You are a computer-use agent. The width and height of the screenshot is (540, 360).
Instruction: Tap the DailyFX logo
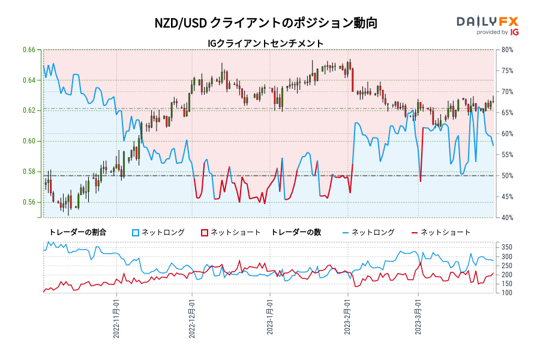pyautogui.click(x=487, y=25)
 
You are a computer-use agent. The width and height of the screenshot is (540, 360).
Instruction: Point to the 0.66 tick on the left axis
pyautogui.click(x=29, y=50)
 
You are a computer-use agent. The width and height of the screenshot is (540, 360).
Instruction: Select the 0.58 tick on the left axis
pyautogui.click(x=29, y=172)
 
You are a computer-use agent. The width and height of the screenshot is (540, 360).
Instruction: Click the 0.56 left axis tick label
pyautogui.click(x=29, y=202)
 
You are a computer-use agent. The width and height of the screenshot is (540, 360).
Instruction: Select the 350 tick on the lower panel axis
pyautogui.click(x=506, y=247)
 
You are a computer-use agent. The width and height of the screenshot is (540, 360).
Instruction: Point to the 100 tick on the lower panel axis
pyautogui.click(x=506, y=293)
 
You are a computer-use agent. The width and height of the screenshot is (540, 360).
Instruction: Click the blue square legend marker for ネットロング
pyautogui.click(x=136, y=232)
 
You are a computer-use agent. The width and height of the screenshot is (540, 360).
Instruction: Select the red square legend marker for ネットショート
pyautogui.click(x=205, y=232)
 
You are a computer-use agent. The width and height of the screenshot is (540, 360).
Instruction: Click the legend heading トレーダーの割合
pyautogui.click(x=77, y=232)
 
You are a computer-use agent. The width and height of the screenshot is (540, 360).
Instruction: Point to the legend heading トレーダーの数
pyautogui.click(x=296, y=232)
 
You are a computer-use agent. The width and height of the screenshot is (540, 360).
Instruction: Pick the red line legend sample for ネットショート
pyautogui.click(x=415, y=232)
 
